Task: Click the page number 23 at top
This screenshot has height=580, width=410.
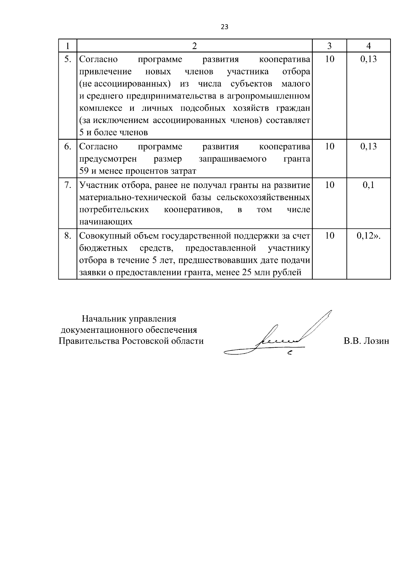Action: click(224, 27)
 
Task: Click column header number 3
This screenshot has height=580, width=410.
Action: click(329, 46)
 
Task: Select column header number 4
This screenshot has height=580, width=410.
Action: click(368, 46)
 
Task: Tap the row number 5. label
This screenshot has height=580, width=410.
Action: click(68, 59)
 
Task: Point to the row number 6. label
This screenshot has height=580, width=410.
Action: click(68, 147)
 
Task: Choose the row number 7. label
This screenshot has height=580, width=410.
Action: click(68, 185)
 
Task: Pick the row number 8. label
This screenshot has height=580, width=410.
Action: click(68, 236)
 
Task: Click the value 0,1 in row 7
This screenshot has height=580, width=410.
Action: click(368, 185)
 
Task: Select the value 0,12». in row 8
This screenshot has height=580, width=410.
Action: click(368, 236)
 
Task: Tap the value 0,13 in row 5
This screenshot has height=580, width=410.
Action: click(368, 59)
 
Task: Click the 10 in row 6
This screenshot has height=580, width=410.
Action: click(329, 147)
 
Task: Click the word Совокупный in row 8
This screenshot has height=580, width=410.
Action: click(102, 236)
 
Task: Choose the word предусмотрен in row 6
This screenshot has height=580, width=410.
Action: click(108, 159)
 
